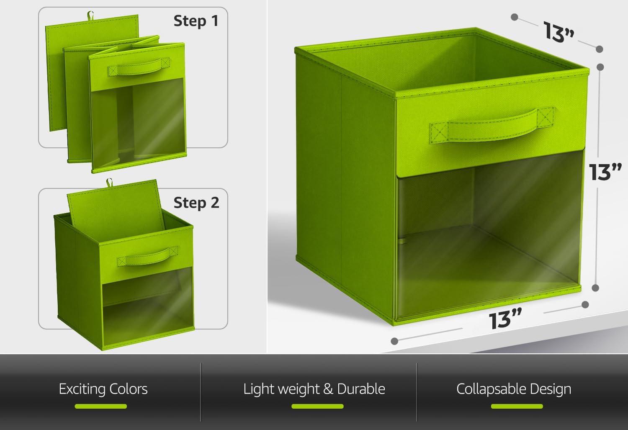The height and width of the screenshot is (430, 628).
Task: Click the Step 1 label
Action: [196, 21]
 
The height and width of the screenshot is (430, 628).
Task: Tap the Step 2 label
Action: [196, 202]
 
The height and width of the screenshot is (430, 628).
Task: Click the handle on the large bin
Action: [492, 125]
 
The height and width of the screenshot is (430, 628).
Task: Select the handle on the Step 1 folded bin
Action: [139, 67]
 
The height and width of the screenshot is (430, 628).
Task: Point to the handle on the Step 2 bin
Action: [147, 256]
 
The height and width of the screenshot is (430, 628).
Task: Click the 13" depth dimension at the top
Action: [559, 33]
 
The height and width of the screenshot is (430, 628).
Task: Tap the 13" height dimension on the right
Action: [605, 172]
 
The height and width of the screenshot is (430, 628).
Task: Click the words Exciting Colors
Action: [103, 389]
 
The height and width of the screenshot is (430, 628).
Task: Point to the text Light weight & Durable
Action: [314, 389]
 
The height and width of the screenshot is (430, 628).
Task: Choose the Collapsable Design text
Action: [514, 389]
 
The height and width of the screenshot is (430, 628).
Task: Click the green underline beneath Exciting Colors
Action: [100, 406]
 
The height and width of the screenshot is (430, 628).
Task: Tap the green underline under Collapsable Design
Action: [517, 406]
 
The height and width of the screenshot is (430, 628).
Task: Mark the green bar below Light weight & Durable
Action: [317, 406]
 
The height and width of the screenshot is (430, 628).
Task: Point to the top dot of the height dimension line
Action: [600, 67]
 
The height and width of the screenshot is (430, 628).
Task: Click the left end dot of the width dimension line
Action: [394, 341]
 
